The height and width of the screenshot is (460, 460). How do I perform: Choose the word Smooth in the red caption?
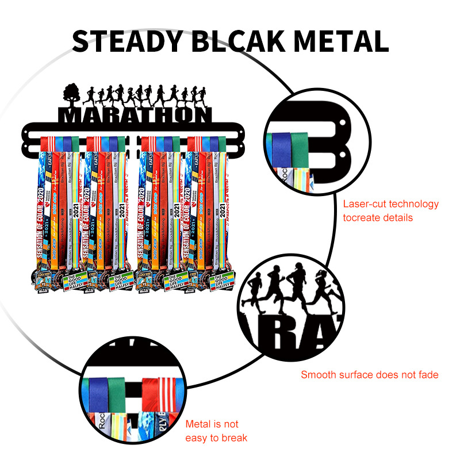pos(319,375)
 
